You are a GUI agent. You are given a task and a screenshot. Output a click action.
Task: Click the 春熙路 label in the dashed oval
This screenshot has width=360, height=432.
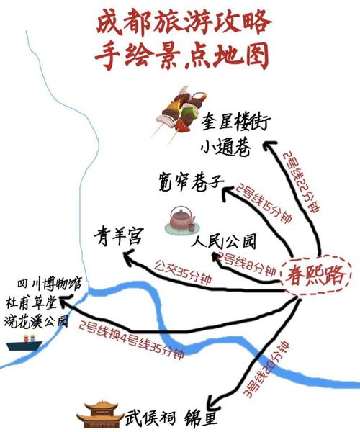pos(315,275)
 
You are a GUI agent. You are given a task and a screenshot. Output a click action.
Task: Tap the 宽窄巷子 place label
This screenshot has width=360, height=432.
pos(192,182)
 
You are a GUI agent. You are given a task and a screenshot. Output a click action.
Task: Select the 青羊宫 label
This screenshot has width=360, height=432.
pos(118,237)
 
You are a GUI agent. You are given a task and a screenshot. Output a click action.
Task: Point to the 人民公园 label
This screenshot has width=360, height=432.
pos(225,241)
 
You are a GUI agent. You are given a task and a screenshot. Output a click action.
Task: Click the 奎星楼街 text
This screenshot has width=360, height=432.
pos(235,123)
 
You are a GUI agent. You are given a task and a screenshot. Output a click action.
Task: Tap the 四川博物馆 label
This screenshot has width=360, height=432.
pos(50,284)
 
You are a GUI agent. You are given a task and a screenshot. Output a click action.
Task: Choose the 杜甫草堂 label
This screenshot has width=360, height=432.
pos(32,302)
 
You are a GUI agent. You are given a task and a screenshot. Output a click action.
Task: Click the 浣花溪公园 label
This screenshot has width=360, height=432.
pos(36,320)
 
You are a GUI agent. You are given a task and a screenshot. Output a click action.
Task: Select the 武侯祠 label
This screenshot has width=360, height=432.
pos(150,419)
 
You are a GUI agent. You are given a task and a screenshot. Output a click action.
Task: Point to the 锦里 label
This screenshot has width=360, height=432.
pos(202,418)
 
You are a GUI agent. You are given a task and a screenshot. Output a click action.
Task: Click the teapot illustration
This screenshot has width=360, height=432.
pos(181,222)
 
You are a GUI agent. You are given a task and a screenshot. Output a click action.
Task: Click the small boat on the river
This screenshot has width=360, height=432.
pos(24,343)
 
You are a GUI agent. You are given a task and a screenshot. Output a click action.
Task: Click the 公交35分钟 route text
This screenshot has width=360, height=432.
pos(183,272)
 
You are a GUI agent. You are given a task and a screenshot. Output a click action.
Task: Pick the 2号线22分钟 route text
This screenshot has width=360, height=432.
pos(301,181)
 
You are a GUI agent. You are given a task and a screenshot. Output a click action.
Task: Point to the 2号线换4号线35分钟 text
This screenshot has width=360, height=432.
pos(132,340)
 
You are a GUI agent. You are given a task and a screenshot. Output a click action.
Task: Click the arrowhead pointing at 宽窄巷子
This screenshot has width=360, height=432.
pos(228,192)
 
